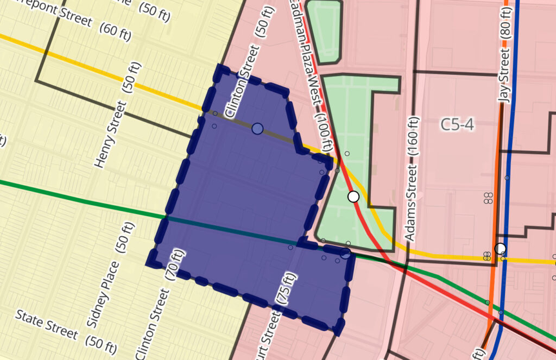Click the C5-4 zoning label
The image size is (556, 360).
(457, 125)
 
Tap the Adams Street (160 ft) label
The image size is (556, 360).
(413, 179)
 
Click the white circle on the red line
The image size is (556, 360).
(353, 197)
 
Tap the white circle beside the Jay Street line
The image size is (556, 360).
(500, 249)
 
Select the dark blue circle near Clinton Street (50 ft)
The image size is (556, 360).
(257, 129)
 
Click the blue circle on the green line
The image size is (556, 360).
(345, 253)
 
